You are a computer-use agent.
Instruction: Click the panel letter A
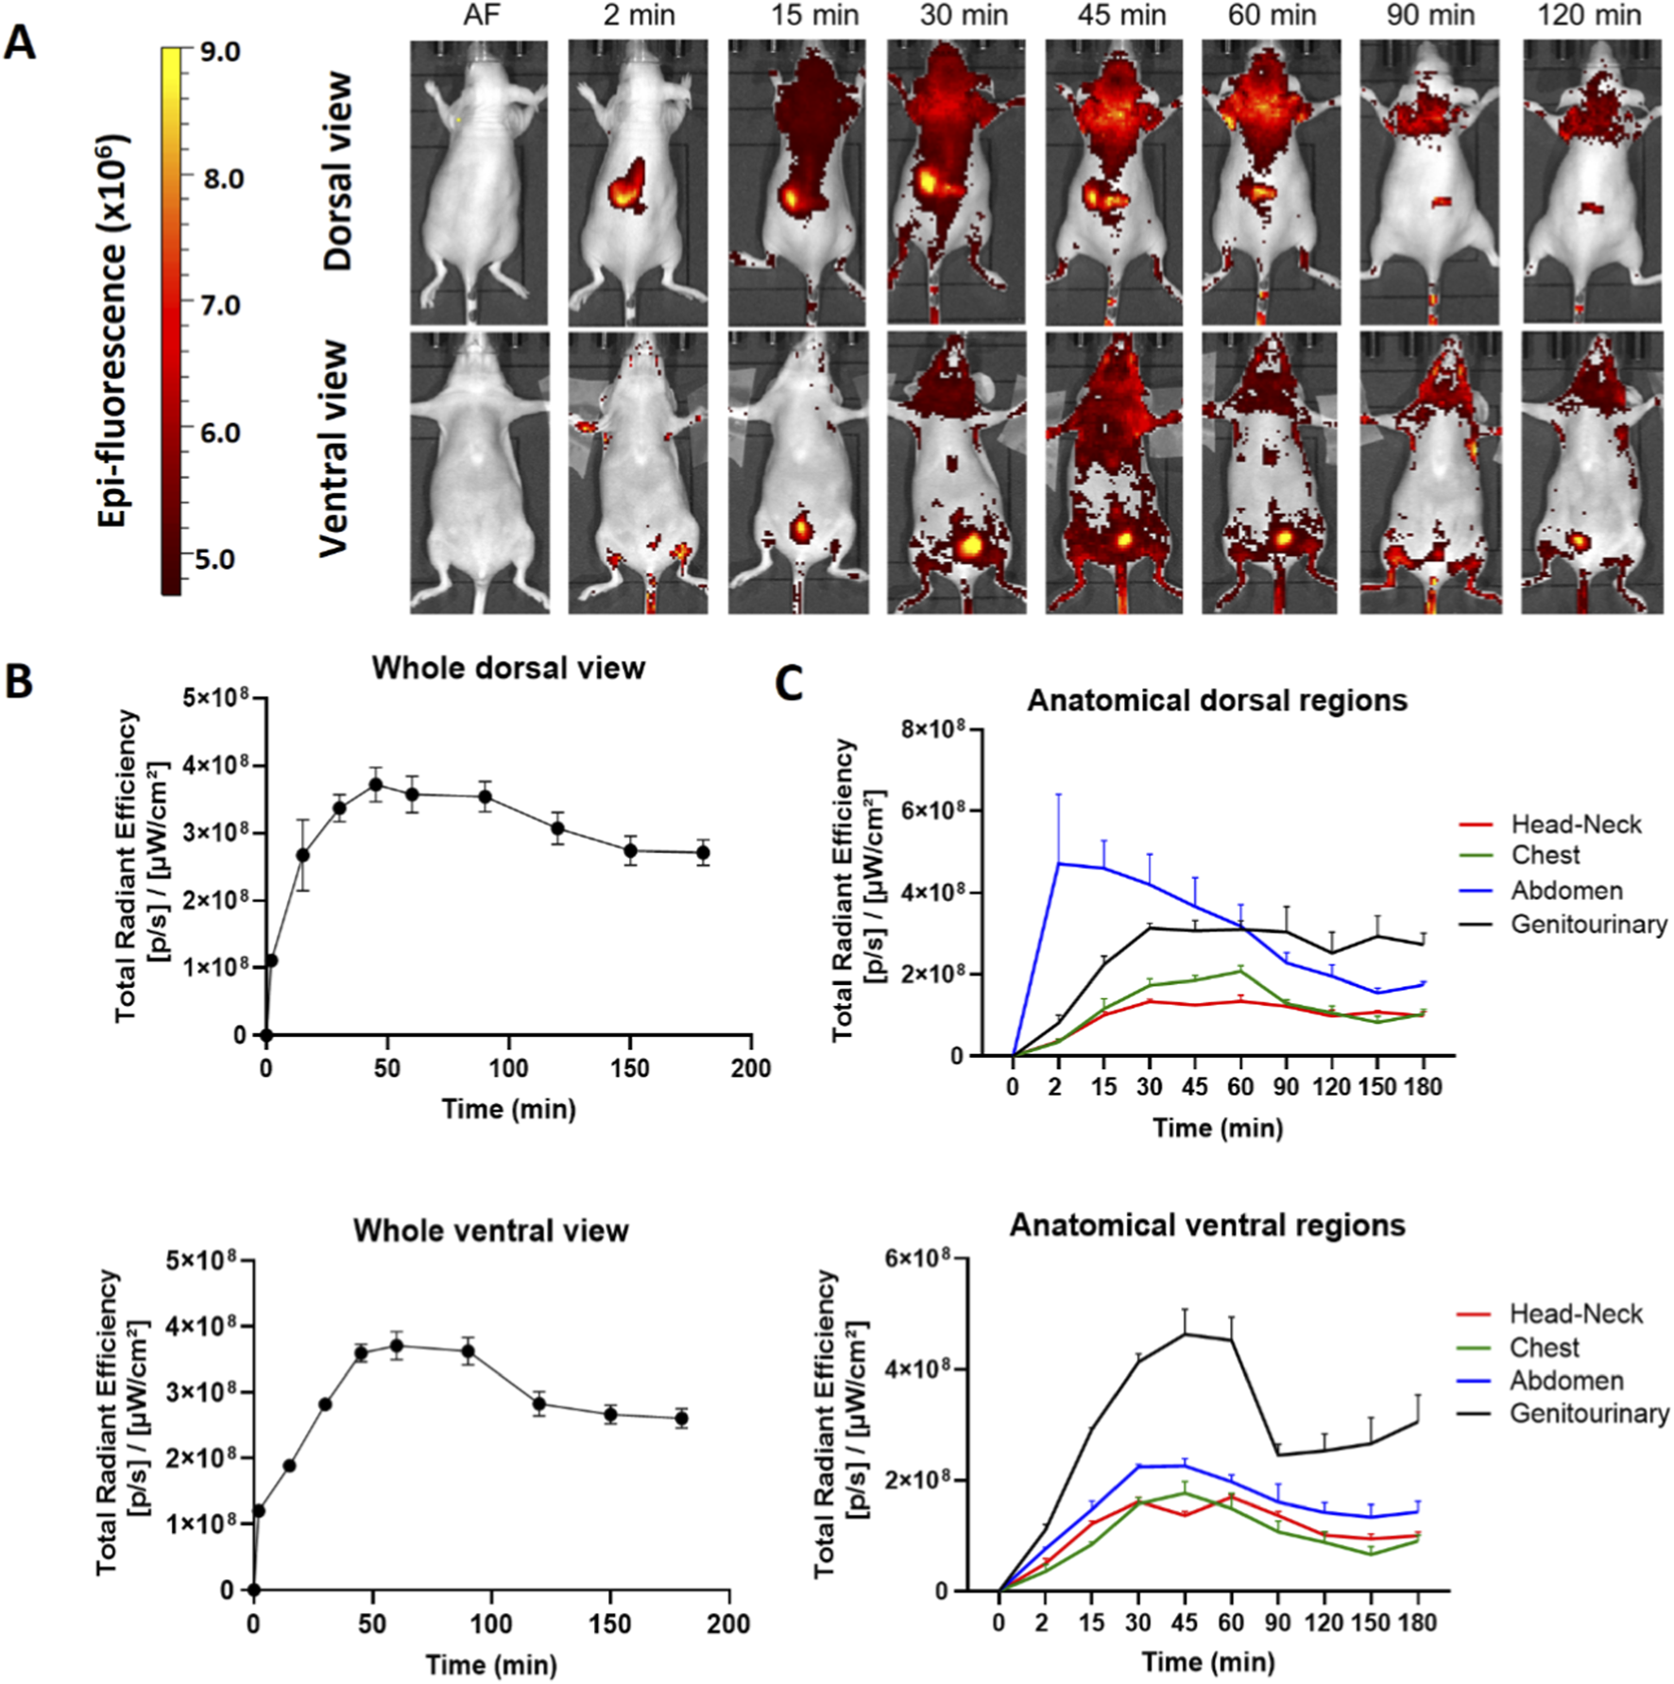coord(20,43)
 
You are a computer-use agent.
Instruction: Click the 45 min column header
coord(1121,15)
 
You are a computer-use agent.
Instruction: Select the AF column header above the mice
coord(480,15)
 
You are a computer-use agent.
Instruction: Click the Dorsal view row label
coord(337,172)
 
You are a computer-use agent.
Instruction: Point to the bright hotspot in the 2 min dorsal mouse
coord(623,194)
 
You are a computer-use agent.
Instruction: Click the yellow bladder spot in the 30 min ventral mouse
coord(969,545)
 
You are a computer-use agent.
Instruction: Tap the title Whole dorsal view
coord(508,668)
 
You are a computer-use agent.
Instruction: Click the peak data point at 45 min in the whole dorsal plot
coord(376,785)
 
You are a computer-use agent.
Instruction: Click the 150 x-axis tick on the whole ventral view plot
coord(609,1624)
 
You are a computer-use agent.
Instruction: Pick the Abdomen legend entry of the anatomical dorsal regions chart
coord(1566,890)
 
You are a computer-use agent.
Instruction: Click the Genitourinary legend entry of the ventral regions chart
coord(1589,1414)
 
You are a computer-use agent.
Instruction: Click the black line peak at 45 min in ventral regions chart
coord(1185,1334)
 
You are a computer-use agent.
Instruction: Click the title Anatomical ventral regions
coord(1207,1225)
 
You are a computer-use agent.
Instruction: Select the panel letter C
coord(789,682)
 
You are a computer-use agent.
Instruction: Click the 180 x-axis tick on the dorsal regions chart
coord(1423,1087)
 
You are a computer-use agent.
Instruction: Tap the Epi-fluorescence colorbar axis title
coord(112,331)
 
